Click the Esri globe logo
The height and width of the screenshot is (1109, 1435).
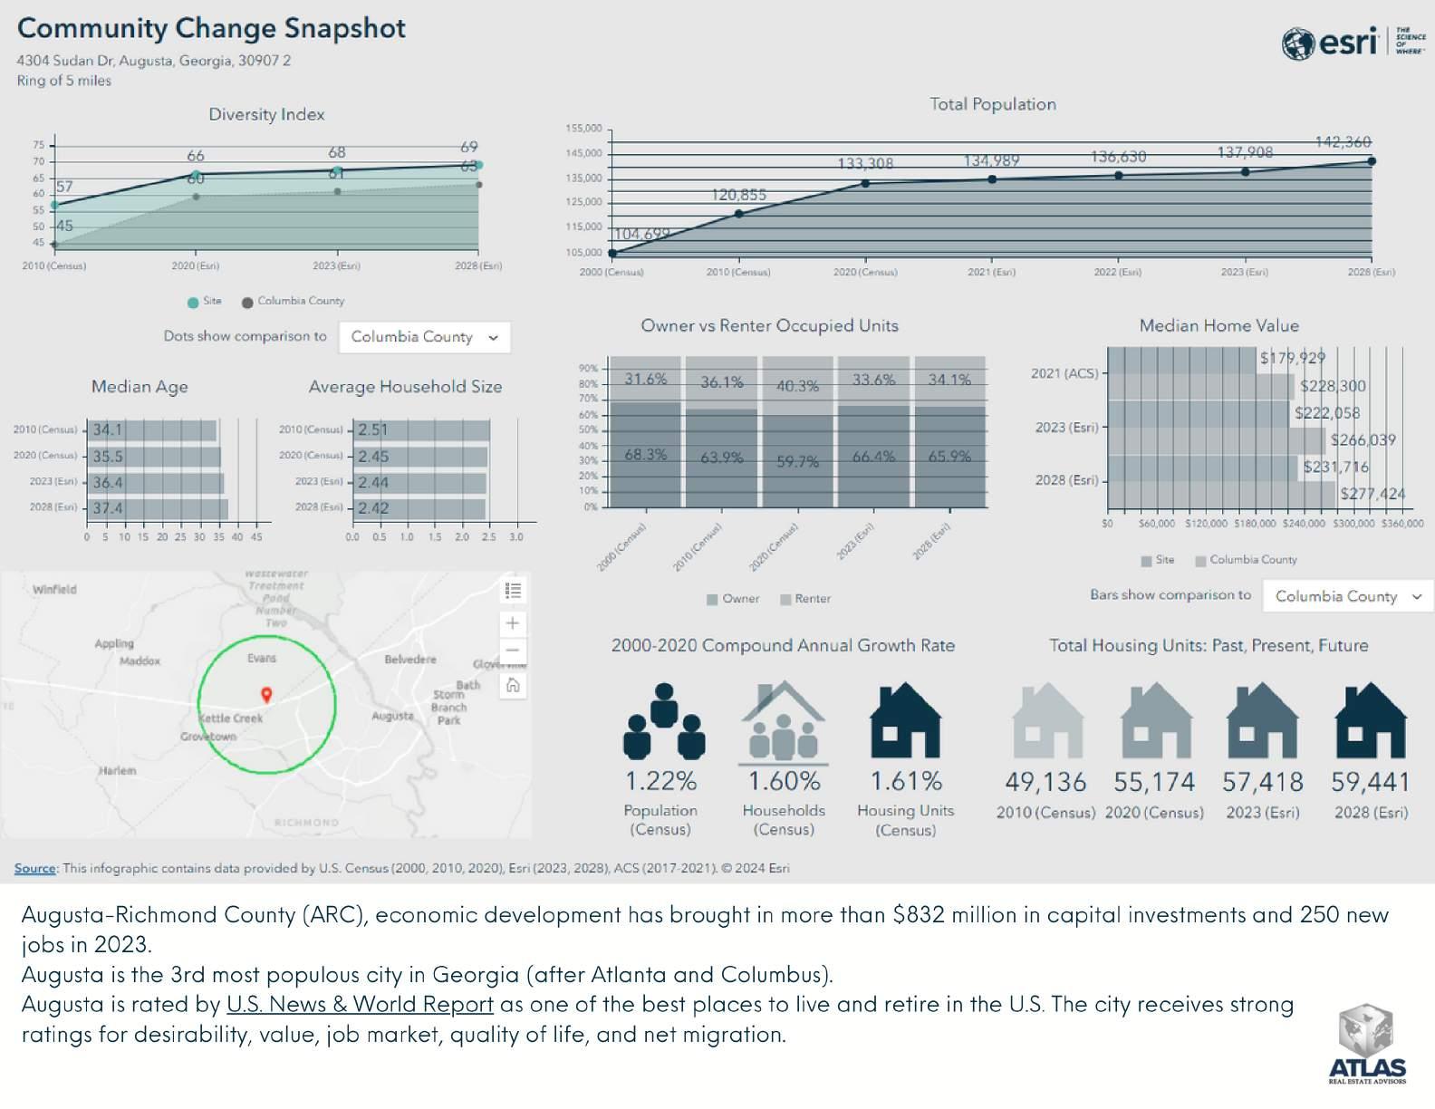(1297, 43)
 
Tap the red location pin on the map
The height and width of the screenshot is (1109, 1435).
(266, 695)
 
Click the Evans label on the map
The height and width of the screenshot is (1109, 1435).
(262, 659)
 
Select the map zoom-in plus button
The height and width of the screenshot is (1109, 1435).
(513, 623)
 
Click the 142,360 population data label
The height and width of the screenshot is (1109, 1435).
(1343, 142)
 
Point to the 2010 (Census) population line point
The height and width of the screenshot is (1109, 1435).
(738, 214)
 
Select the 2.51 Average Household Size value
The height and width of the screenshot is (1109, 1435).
(372, 430)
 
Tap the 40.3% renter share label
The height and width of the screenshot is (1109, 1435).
(797, 387)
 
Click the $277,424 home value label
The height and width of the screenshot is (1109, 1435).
(1372, 495)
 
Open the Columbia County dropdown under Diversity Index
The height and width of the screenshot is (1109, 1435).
(424, 337)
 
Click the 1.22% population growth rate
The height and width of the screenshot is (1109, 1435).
(661, 781)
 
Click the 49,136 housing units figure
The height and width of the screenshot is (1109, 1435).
(1045, 782)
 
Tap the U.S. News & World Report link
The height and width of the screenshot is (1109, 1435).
(360, 1005)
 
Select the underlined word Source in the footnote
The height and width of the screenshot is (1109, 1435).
(35, 868)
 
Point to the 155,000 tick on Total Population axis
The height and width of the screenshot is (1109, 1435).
(584, 129)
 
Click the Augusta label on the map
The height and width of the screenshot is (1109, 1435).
(392, 716)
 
